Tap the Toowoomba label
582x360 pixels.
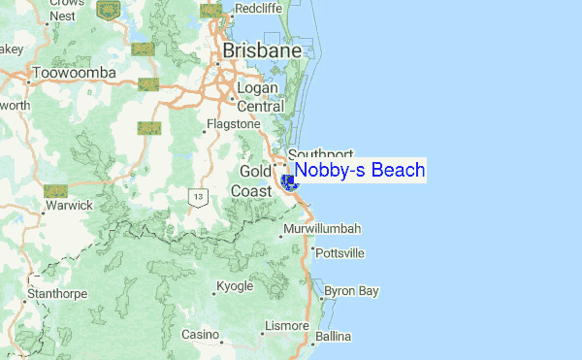point(74,73)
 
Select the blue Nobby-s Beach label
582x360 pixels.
point(359,171)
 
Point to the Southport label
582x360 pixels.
point(321,154)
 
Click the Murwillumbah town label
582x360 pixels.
point(324,229)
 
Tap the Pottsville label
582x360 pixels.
point(340,253)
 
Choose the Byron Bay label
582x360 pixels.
point(351,290)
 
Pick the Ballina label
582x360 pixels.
point(333,337)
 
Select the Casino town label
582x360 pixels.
point(201,335)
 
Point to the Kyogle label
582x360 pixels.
point(235,287)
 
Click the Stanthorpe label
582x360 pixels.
point(58,293)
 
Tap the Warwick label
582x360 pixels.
point(68,205)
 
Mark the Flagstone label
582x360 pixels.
point(238,124)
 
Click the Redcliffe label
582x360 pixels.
point(258,8)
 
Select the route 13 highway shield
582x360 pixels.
point(198,197)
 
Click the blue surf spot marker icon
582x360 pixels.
point(287,181)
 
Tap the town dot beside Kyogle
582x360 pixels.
point(214,290)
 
